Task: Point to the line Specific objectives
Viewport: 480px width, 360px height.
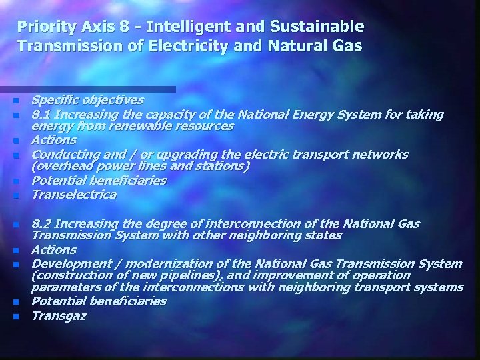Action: click(x=87, y=100)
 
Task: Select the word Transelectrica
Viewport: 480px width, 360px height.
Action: click(x=74, y=195)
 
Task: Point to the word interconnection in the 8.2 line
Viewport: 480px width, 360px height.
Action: click(x=247, y=223)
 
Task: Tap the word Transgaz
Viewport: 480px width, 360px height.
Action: click(x=59, y=316)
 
